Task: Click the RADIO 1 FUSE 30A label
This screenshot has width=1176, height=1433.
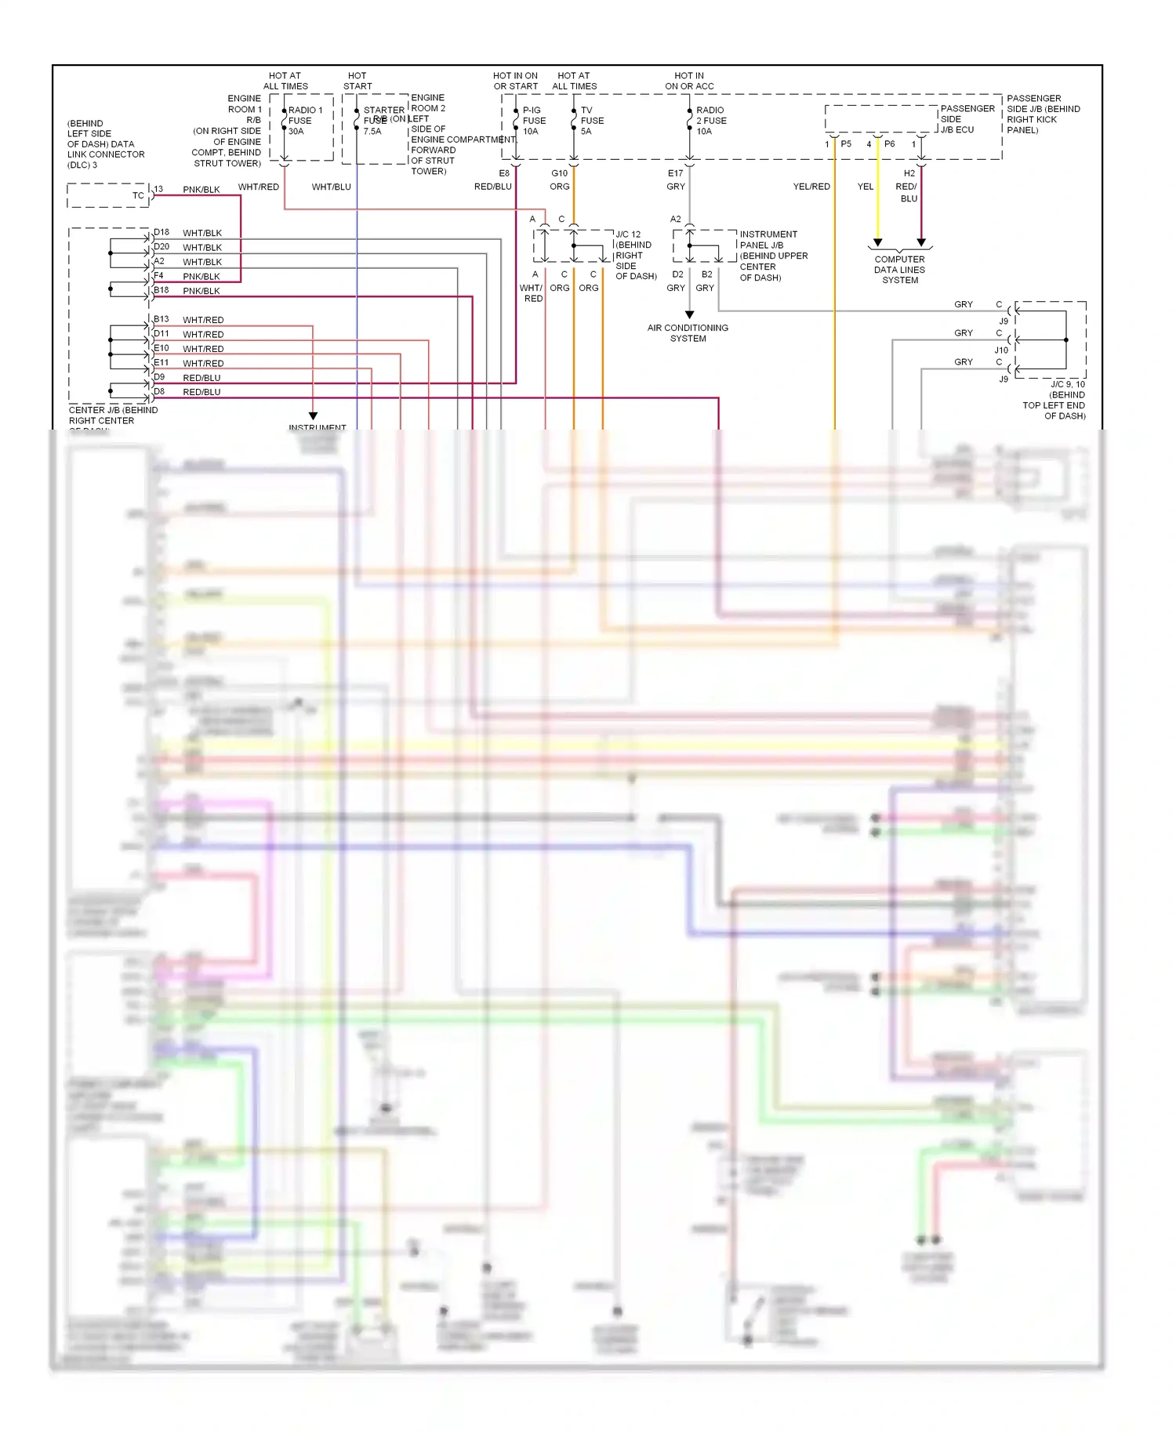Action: [304, 121]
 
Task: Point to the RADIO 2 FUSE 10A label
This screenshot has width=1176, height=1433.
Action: [710, 121]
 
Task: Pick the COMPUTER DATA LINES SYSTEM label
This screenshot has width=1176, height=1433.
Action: [899, 270]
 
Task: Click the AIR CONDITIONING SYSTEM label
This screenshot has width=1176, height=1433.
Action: [688, 333]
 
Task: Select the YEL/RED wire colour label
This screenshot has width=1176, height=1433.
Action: [811, 187]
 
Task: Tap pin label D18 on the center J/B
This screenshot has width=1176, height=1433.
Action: [162, 232]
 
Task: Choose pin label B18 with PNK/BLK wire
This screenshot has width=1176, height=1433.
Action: [162, 290]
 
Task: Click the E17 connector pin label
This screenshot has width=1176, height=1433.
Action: [675, 173]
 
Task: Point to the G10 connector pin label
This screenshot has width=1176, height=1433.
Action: [559, 173]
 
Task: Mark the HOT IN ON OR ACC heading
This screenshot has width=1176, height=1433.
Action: [689, 81]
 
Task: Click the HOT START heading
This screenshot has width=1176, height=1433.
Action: [357, 81]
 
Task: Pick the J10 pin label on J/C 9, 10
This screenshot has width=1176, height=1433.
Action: [1001, 350]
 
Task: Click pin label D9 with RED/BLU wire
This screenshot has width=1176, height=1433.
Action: [159, 377]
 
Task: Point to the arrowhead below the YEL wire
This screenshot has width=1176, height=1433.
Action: [877, 242]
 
